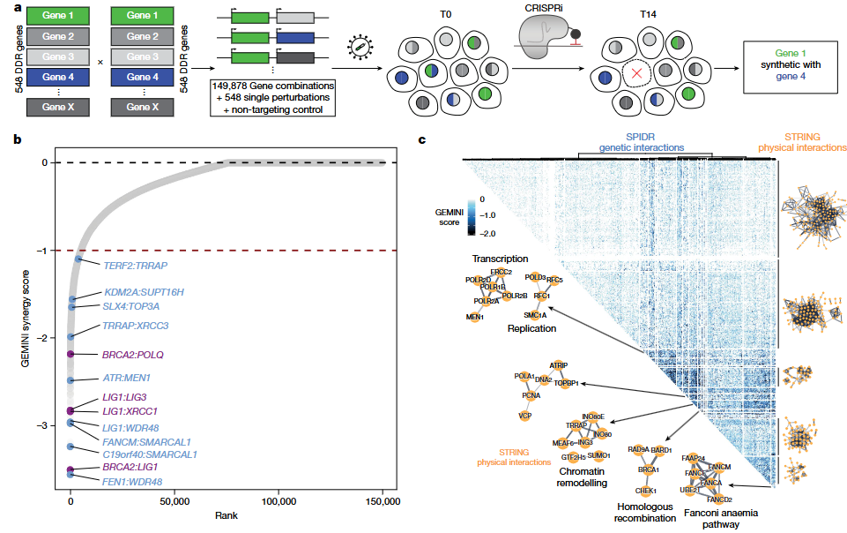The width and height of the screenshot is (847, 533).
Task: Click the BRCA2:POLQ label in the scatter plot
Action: click(x=133, y=354)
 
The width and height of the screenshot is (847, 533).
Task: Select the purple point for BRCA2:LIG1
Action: click(x=71, y=469)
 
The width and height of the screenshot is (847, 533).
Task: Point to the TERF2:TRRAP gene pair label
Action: click(x=135, y=265)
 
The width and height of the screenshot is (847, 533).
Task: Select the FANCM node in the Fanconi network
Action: click(x=718, y=465)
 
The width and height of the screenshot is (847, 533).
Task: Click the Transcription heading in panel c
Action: click(x=499, y=259)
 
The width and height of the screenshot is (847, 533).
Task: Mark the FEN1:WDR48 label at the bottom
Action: click(x=132, y=482)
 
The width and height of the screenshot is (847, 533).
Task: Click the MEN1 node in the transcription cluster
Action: click(x=476, y=317)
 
